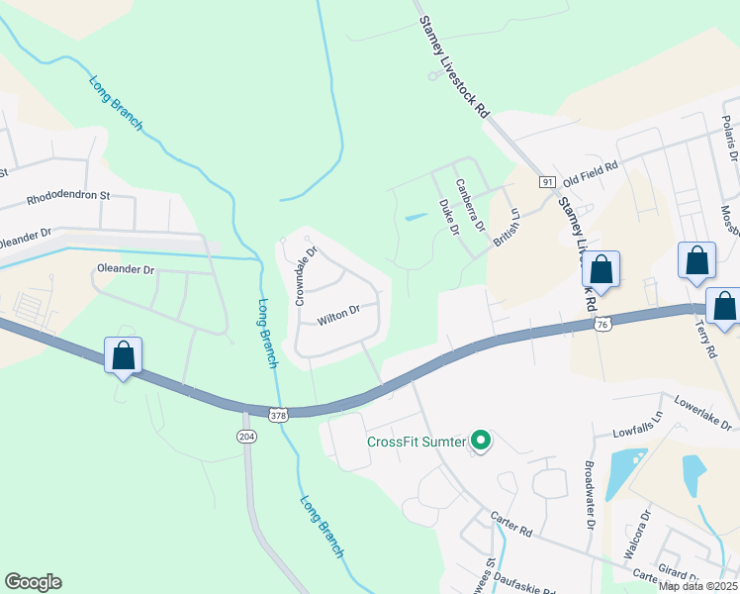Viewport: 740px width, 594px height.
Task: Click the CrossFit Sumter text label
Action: point(416,442)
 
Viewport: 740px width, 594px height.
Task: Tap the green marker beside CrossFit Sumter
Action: point(481,441)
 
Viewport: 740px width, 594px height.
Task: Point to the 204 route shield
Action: point(245,436)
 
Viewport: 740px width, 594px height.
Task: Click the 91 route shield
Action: point(547,181)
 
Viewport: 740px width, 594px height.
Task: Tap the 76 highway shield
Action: point(601,324)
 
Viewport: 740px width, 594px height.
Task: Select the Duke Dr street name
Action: point(449,217)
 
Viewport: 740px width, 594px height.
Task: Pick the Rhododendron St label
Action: point(68,196)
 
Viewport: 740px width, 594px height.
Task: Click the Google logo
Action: point(33,582)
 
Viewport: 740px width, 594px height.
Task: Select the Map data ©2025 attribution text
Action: point(698,586)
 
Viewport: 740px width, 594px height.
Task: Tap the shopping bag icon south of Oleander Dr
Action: point(123,354)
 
